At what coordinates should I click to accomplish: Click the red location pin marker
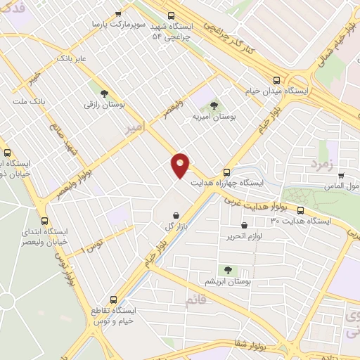(181, 166)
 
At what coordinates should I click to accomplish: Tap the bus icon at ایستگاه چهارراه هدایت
(226, 172)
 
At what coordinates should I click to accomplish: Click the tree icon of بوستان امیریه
(214, 105)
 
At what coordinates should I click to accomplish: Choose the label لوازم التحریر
(245, 236)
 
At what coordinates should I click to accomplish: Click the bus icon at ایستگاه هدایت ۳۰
(301, 210)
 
